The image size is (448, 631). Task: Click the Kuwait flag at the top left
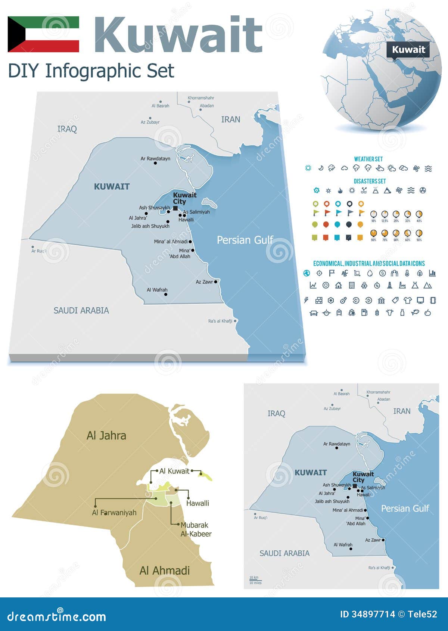[43, 34]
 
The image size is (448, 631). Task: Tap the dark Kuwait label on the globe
[408, 50]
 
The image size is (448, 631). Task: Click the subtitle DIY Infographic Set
[91, 71]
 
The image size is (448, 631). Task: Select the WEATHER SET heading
[368, 159]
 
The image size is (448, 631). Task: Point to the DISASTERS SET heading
[370, 181]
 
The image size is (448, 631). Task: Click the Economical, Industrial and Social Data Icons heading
[369, 263]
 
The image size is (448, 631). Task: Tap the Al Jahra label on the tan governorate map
[106, 436]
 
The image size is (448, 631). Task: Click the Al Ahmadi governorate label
[164, 571]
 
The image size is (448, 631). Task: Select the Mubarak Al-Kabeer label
[195, 529]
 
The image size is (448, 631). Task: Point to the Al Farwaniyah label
[114, 513]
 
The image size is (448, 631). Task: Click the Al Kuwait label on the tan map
[174, 471]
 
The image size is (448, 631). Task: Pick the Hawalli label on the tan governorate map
[197, 503]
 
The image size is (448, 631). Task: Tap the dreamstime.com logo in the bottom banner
[57, 616]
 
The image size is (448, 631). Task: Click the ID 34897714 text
[367, 614]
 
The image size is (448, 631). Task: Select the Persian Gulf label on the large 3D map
[245, 240]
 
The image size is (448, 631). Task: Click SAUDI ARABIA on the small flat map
[284, 553]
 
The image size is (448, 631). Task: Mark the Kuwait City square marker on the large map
[175, 208]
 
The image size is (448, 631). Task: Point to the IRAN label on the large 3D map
[230, 119]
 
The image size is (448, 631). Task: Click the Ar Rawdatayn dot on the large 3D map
[155, 163]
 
